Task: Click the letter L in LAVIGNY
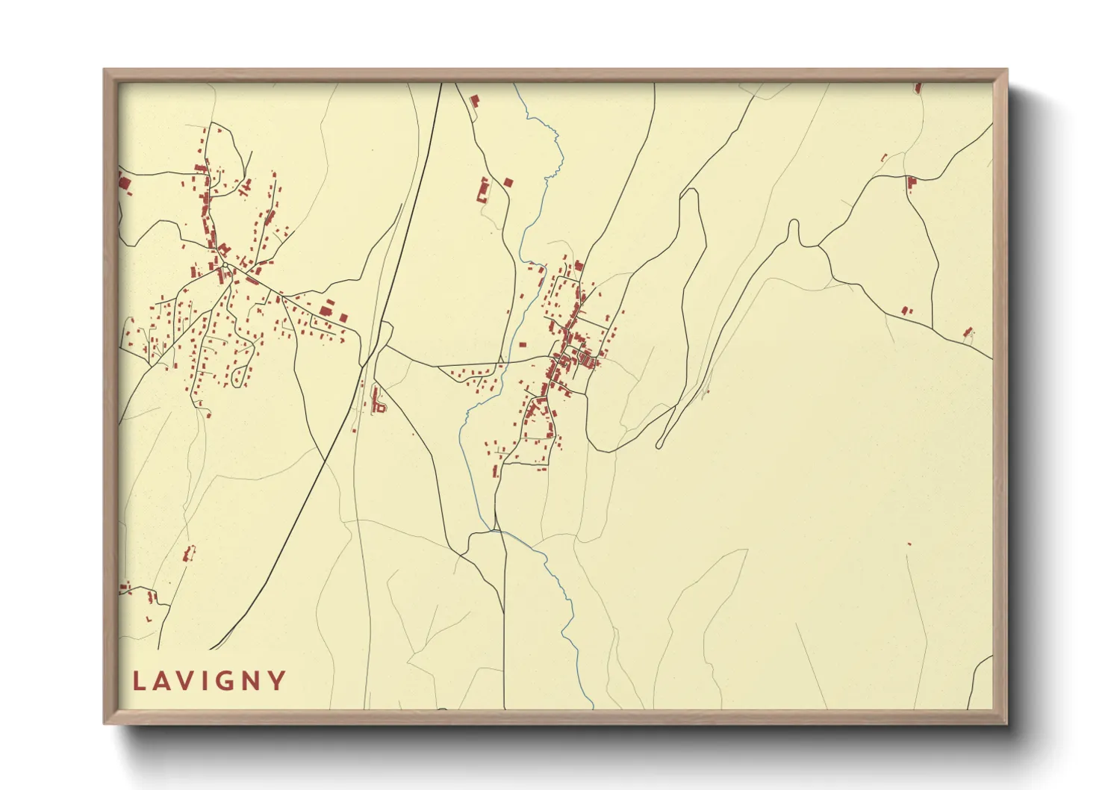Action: click(140, 681)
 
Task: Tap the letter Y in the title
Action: click(277, 681)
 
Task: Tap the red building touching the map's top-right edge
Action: click(918, 88)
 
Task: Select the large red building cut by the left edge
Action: click(123, 181)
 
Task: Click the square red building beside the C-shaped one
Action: click(508, 181)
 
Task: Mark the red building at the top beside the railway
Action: click(473, 100)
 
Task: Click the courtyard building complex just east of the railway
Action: click(379, 404)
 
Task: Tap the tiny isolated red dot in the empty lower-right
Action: click(909, 544)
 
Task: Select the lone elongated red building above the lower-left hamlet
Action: click(188, 554)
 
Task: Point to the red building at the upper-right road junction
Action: click(911, 182)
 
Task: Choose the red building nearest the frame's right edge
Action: click(968, 332)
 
